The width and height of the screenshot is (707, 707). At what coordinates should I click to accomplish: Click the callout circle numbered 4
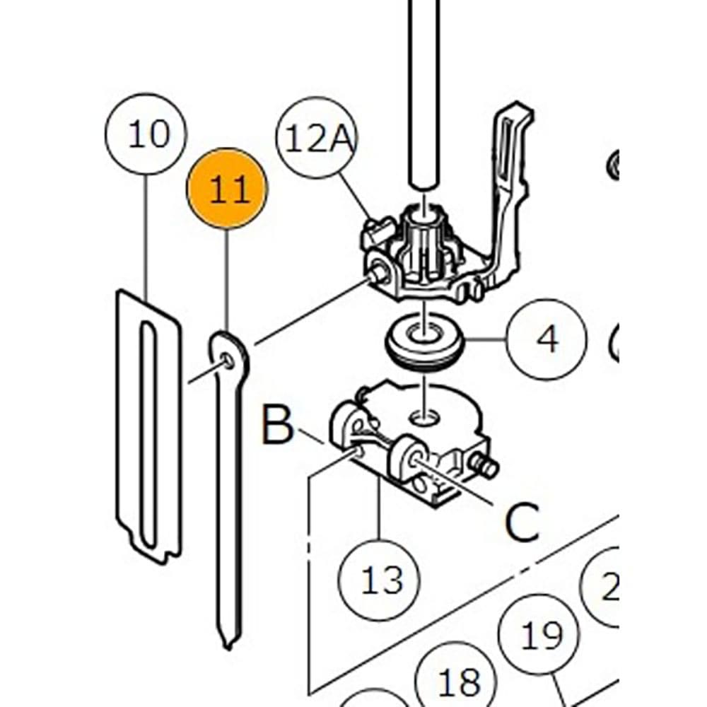pos(547,340)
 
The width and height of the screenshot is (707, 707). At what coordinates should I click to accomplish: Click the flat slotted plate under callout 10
pos(127,424)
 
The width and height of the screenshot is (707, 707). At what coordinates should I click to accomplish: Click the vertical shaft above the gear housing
pos(423,92)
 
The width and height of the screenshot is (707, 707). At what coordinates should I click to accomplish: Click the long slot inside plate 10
pos(147,431)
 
